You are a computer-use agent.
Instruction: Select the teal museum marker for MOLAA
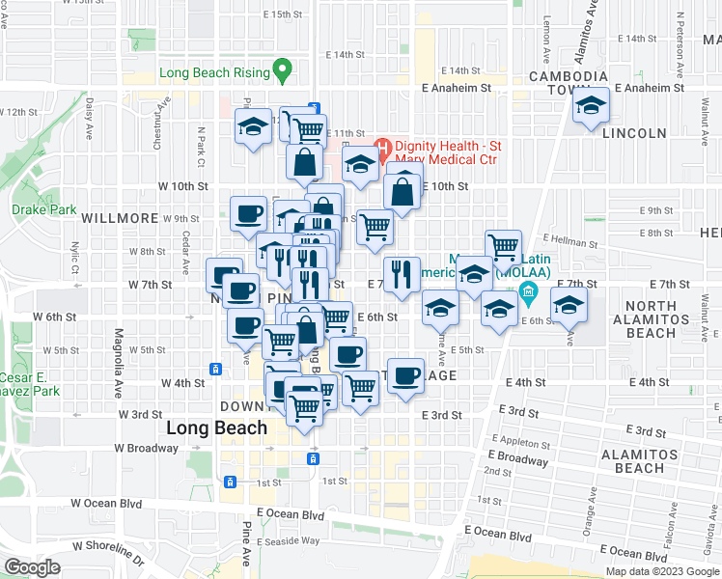[527, 290]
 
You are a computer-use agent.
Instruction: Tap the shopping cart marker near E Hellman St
[503, 247]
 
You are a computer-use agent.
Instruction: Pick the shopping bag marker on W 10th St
[403, 191]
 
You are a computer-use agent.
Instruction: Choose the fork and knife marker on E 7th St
[402, 274]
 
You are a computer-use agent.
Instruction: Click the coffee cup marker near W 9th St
[248, 213]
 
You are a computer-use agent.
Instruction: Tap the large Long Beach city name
[217, 427]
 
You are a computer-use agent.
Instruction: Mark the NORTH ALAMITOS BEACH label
[664, 319]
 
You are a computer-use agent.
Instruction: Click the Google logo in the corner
[33, 566]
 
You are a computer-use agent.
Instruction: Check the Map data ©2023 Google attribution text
[661, 571]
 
